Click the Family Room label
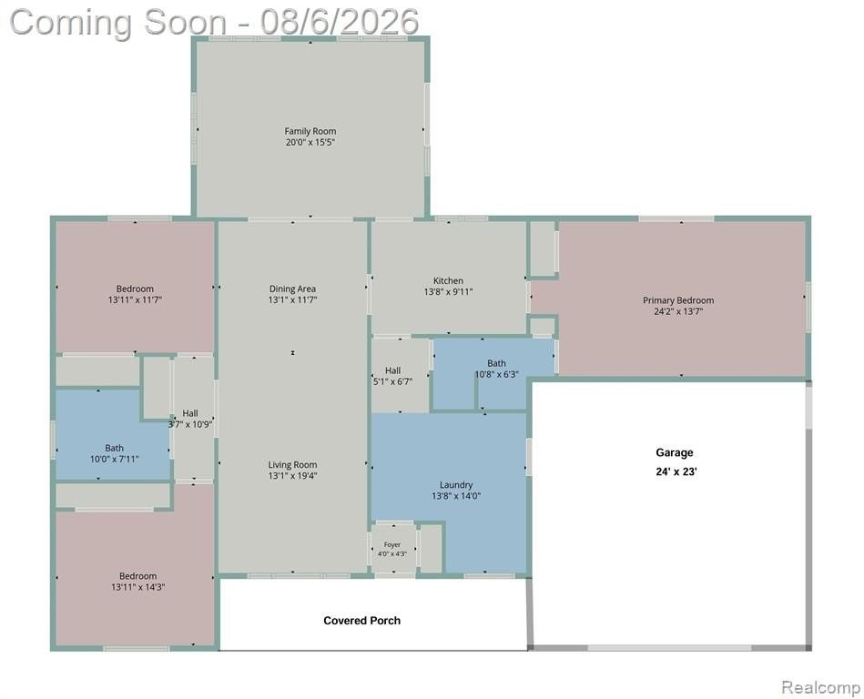click(x=310, y=131)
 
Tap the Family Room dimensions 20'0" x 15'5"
click(x=310, y=142)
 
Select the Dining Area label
click(x=292, y=289)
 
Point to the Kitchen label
click(x=448, y=280)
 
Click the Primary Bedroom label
click(x=678, y=300)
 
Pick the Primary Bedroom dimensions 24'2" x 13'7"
click(x=678, y=311)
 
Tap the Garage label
click(x=675, y=452)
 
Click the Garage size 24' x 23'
click(x=676, y=471)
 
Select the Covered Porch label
click(x=362, y=620)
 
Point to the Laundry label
click(x=456, y=485)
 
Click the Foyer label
click(x=392, y=545)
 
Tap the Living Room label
click(x=292, y=465)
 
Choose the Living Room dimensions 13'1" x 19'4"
click(x=292, y=476)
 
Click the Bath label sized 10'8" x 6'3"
click(x=496, y=363)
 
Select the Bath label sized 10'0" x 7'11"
click(x=114, y=448)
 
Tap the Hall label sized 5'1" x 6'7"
click(x=393, y=370)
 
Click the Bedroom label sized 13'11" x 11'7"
click(x=135, y=289)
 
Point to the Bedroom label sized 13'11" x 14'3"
click(x=137, y=576)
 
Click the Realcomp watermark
click(x=820, y=687)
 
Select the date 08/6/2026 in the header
click(x=340, y=22)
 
